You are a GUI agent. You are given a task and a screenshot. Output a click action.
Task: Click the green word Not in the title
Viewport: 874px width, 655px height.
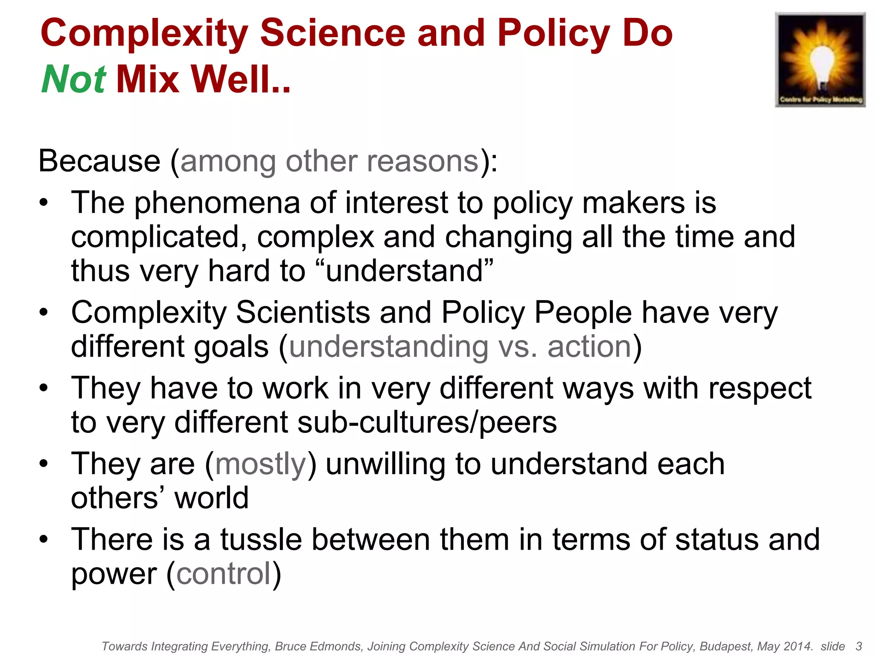(73, 79)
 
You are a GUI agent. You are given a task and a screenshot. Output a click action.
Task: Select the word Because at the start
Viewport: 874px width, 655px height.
(99, 161)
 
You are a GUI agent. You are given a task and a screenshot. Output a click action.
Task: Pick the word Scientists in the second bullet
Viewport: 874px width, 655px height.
(303, 313)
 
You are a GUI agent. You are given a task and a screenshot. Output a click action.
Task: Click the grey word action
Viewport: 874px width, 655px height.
(589, 347)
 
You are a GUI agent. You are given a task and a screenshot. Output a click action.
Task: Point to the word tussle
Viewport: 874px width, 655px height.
(261, 539)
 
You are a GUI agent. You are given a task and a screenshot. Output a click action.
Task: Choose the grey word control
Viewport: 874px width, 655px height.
(224, 574)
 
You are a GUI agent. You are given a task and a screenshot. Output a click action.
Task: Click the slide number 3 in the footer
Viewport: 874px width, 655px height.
(859, 646)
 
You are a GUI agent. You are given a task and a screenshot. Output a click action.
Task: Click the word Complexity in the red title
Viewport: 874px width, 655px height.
(144, 34)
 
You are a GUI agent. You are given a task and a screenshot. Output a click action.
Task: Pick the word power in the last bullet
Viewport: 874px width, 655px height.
(114, 574)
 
